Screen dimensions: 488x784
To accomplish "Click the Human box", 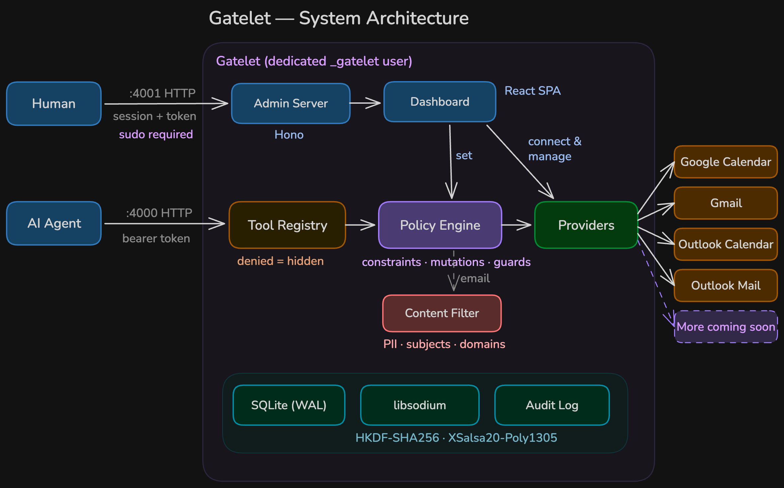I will pyautogui.click(x=54, y=104).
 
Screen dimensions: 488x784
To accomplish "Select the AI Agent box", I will pyautogui.click(x=54, y=223).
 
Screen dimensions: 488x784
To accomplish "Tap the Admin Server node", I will pyautogui.click(x=291, y=103).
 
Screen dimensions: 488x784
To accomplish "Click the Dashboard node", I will pyautogui.click(x=440, y=102).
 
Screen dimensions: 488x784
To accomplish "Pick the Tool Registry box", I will pyautogui.click(x=287, y=225).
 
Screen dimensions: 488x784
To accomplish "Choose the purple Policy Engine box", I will pyautogui.click(x=440, y=225).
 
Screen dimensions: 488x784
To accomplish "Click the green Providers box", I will pyautogui.click(x=586, y=225).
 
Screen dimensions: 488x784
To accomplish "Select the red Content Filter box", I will pyautogui.click(x=442, y=313).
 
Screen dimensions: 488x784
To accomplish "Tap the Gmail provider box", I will pyautogui.click(x=726, y=203).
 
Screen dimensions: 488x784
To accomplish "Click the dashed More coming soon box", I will pyautogui.click(x=726, y=327).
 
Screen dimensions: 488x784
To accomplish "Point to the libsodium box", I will pyautogui.click(x=420, y=405).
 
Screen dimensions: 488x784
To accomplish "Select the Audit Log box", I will pyautogui.click(x=552, y=405).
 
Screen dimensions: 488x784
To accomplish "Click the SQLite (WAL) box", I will pyautogui.click(x=289, y=405).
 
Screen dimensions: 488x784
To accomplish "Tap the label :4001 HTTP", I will pyautogui.click(x=162, y=93).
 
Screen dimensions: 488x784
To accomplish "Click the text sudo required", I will pyautogui.click(x=156, y=134).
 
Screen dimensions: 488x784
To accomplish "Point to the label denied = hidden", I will pyautogui.click(x=280, y=261).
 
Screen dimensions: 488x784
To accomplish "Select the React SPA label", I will pyautogui.click(x=532, y=91).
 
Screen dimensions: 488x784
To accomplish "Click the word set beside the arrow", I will pyautogui.click(x=464, y=156).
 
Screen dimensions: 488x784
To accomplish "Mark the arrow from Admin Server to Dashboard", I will pyautogui.click(x=365, y=103).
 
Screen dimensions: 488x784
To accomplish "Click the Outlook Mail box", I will pyautogui.click(x=726, y=286).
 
